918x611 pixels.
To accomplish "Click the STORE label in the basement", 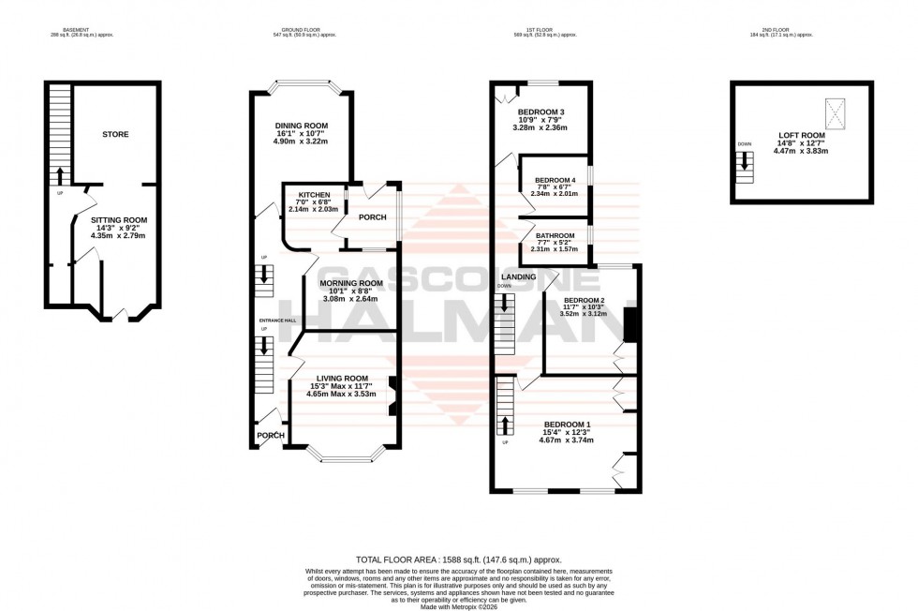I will point(115,134).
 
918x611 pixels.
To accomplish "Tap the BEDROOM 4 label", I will point(555,180).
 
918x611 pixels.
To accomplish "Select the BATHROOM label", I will point(555,236).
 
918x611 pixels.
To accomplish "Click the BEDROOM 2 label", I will point(583,300).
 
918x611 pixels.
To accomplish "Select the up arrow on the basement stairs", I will point(60,175).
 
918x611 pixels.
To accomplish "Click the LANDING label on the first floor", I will point(518,277).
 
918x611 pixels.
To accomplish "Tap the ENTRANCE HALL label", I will point(277,320).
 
